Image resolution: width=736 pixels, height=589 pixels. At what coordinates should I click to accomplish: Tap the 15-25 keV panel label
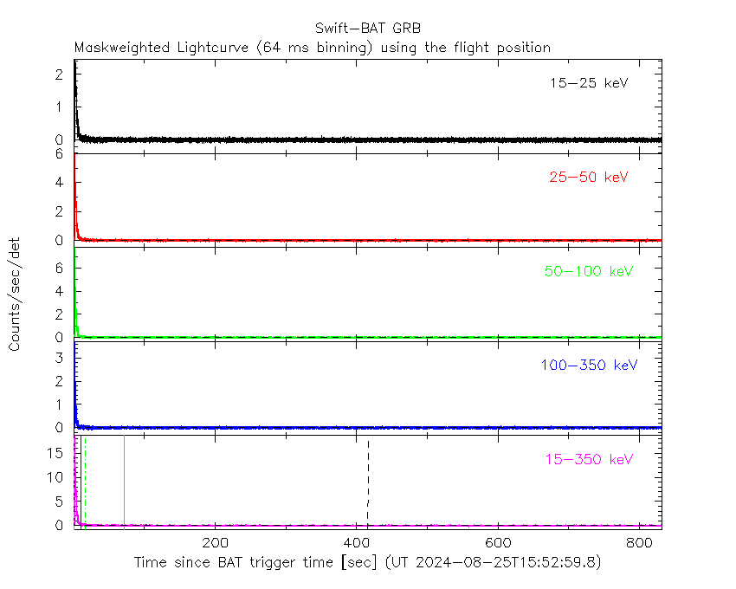[x=588, y=84]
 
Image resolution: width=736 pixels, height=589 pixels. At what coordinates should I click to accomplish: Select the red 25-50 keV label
[x=588, y=178]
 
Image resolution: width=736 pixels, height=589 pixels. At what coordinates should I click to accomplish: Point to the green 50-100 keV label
[x=589, y=271]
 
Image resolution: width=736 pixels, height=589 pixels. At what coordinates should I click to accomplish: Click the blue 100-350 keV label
[x=589, y=365]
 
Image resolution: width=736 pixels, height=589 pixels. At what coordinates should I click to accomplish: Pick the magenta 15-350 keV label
[x=589, y=459]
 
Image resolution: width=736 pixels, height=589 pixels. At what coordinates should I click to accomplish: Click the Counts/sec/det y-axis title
[x=16, y=294]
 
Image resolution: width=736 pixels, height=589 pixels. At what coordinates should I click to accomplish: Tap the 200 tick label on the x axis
[x=215, y=543]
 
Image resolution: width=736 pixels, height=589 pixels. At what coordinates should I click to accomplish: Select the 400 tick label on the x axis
[x=356, y=543]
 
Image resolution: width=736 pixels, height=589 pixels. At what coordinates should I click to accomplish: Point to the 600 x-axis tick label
[x=498, y=543]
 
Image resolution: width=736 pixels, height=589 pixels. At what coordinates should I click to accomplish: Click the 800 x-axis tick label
[x=639, y=543]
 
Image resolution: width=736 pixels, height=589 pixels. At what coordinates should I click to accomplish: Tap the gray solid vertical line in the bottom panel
[x=124, y=481]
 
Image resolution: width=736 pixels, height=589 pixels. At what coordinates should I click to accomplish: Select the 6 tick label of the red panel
[x=60, y=154]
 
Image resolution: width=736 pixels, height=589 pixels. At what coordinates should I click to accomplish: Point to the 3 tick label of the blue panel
[x=60, y=356]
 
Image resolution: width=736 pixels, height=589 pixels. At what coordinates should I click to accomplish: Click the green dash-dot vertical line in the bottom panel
[x=85, y=481]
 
